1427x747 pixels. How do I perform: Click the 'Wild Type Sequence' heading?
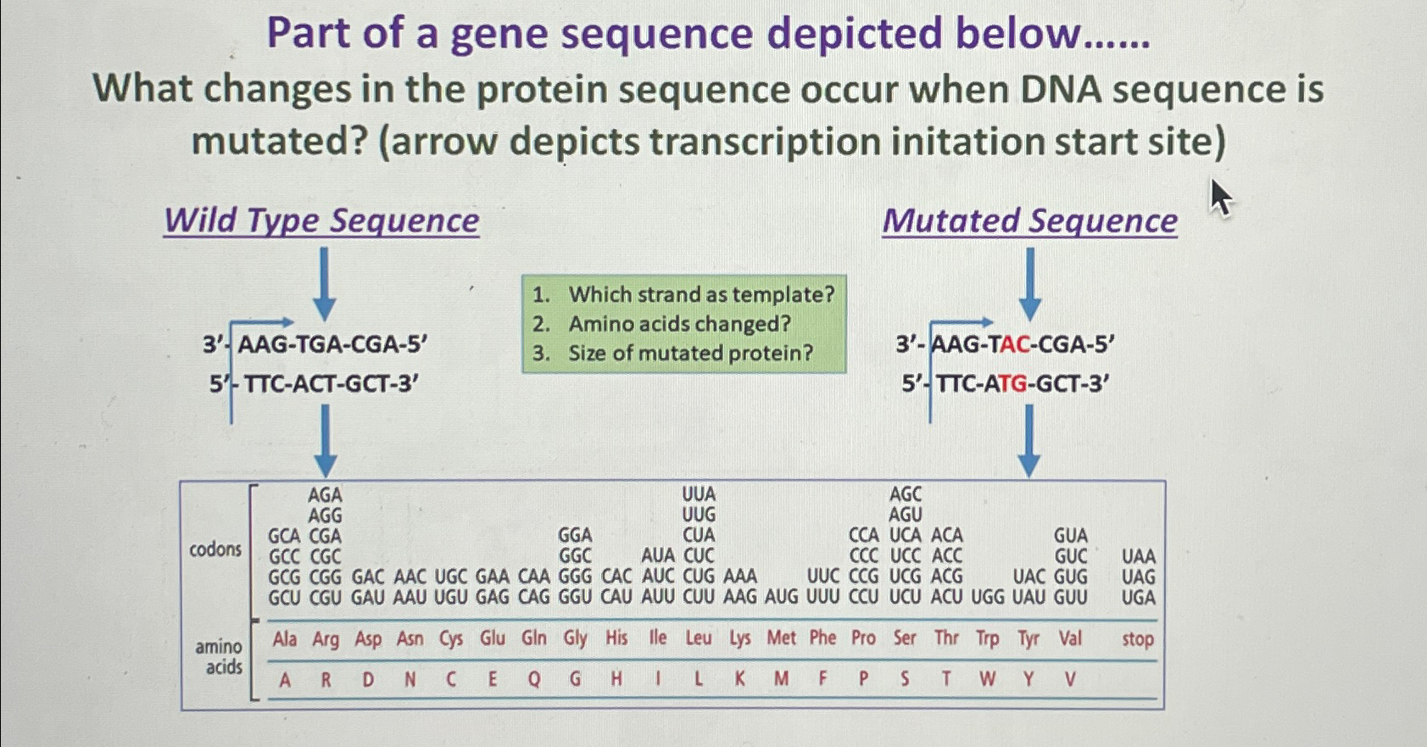point(321,221)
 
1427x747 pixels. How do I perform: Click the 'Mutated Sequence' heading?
point(1029,221)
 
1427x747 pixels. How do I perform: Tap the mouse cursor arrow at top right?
point(1219,198)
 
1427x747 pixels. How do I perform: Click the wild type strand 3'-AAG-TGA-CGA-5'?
point(315,345)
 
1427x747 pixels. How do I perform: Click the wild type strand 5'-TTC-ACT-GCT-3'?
point(315,384)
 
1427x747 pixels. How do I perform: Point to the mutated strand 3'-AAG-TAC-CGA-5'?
point(1005,345)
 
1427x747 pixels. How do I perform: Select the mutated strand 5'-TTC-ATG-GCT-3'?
point(1006,384)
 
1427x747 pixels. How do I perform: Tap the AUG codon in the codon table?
point(781,598)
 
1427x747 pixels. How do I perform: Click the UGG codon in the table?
point(987,598)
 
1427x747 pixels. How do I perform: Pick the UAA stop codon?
point(1138,557)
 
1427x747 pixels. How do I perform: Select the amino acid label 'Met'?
point(781,638)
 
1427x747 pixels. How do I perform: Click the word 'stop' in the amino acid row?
point(1137,638)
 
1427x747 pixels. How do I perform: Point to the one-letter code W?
point(987,679)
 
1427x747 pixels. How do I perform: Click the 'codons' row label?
point(215,549)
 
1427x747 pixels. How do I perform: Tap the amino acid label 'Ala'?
point(284,638)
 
